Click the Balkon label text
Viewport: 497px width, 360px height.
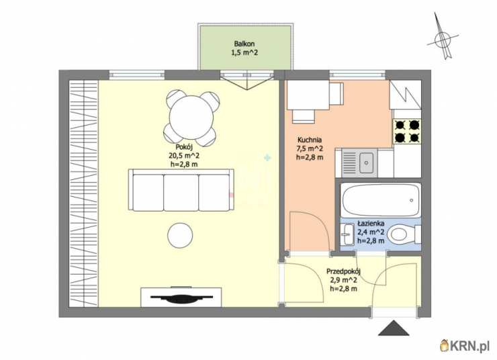click(244, 44)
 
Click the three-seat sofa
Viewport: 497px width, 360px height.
click(181, 190)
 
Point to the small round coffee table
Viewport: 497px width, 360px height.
click(180, 236)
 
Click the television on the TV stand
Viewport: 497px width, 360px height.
click(181, 298)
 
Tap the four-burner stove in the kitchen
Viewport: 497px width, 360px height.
click(407, 131)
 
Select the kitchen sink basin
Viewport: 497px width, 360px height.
click(367, 163)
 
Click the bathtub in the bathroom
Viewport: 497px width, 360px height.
click(381, 200)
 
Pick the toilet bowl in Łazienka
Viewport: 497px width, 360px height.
click(402, 235)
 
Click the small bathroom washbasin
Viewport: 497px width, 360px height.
click(347, 234)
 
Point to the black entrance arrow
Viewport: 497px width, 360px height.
click(394, 328)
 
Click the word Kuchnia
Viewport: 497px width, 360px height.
click(310, 140)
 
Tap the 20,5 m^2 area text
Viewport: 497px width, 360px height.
click(184, 156)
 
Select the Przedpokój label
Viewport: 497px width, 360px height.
click(344, 271)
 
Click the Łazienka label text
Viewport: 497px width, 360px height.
click(371, 224)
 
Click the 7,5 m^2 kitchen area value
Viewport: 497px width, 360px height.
click(310, 148)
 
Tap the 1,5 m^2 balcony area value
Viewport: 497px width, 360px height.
click(244, 52)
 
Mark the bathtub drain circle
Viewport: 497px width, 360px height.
click(412, 200)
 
